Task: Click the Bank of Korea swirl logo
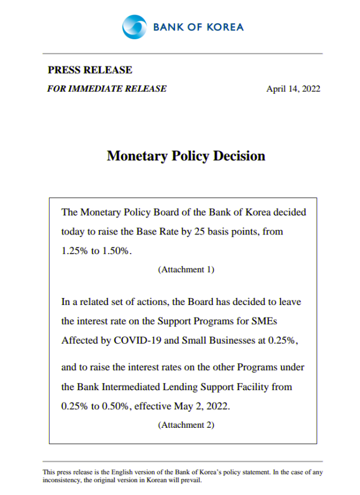134,26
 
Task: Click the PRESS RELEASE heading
90,70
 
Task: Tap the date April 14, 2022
293,88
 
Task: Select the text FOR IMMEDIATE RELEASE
107,88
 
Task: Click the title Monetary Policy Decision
186,156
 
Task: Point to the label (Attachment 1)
186,269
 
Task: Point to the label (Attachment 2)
186,425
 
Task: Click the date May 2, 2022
202,407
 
